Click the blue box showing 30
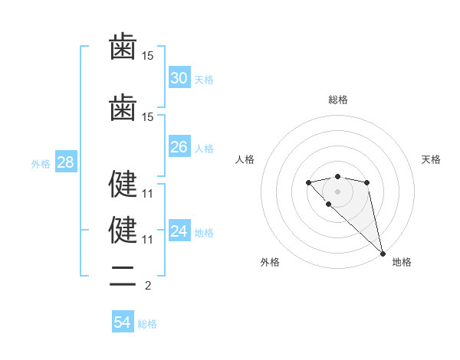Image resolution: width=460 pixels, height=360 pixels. click(179, 78)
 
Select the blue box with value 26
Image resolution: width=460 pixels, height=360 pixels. click(179, 147)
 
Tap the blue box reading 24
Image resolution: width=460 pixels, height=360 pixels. click(179, 231)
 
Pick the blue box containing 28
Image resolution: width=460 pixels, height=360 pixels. click(64, 162)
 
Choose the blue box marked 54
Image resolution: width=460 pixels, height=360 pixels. click(123, 322)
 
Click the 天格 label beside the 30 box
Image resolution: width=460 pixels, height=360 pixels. click(203, 80)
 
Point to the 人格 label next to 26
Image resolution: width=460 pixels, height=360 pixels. click(203, 149)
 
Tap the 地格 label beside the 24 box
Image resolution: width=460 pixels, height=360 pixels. click(203, 233)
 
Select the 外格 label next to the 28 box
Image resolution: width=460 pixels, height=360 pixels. click(41, 164)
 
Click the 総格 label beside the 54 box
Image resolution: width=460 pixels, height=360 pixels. click(147, 324)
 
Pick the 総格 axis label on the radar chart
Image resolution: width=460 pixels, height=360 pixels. click(337, 100)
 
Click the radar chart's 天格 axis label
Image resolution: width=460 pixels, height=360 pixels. click(431, 159)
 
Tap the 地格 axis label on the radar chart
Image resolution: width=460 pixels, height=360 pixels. click(402, 262)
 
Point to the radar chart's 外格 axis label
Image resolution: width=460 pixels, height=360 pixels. click(270, 262)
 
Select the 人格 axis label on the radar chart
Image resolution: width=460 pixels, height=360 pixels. click(245, 159)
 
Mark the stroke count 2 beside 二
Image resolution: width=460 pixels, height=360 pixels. click(148, 286)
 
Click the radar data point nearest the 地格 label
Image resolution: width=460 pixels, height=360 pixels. click(383, 253)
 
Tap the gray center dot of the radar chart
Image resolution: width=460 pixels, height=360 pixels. click(337, 191)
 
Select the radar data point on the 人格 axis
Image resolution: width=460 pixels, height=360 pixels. click(308, 182)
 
